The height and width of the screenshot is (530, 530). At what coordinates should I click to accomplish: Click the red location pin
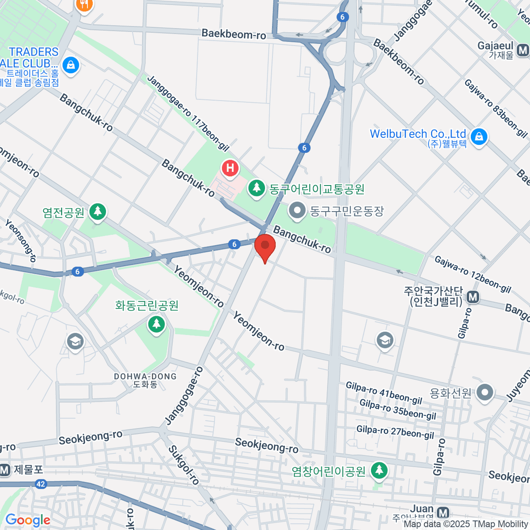coord(265,246)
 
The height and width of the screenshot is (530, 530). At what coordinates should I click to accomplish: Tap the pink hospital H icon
coord(230,168)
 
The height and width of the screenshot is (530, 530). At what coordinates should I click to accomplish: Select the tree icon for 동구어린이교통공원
coord(256,189)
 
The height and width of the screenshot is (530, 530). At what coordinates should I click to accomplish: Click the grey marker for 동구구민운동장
coord(297,211)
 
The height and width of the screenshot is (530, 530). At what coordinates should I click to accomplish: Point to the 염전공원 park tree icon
coord(98,212)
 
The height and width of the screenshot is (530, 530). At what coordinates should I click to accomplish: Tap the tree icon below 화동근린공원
coord(156,325)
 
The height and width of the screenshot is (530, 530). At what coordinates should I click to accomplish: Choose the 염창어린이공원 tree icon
coord(378,471)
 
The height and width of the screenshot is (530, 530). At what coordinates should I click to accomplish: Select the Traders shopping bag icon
coord(70,66)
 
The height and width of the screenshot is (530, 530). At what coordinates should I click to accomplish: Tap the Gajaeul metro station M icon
coord(524,49)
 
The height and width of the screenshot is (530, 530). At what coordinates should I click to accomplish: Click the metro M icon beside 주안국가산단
coord(473,297)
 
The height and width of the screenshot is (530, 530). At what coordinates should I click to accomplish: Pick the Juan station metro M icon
coord(443,512)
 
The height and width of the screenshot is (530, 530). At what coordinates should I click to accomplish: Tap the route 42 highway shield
coord(41,484)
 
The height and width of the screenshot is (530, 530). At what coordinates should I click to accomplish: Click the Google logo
coord(27,520)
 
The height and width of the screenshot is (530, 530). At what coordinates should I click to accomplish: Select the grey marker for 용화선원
coord(485,392)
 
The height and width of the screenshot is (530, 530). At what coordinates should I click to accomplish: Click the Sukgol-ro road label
coord(183,465)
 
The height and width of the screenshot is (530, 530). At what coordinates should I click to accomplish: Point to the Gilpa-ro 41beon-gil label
coord(384,393)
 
